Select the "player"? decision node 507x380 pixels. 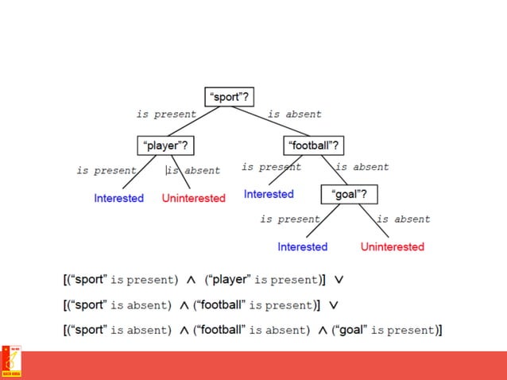[x=166, y=145]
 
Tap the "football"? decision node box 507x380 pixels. [x=313, y=145]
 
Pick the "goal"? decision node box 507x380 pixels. [x=349, y=194]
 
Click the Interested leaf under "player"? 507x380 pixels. [x=118, y=198]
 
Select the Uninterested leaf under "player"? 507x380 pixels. [x=194, y=198]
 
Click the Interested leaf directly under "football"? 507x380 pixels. [x=269, y=194]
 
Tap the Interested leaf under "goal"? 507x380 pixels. [x=302, y=246]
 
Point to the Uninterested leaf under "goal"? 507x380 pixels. [x=393, y=246]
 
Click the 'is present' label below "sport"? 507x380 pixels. [x=166, y=114]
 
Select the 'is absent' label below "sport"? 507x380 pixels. [x=295, y=114]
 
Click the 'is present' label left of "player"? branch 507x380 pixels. [x=106, y=170]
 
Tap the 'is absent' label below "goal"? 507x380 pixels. [x=404, y=219]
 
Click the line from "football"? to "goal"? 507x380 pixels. [x=331, y=171]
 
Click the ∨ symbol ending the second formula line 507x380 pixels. [x=334, y=305]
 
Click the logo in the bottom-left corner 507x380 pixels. [x=11, y=363]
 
